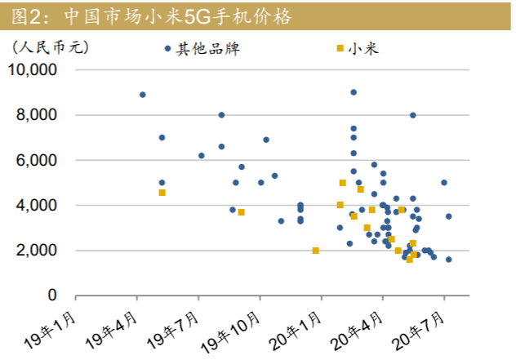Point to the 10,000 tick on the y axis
[x=32, y=70]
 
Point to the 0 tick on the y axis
[x=51, y=296]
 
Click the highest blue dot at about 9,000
[x=354, y=92]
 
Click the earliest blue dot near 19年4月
[x=142, y=95]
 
